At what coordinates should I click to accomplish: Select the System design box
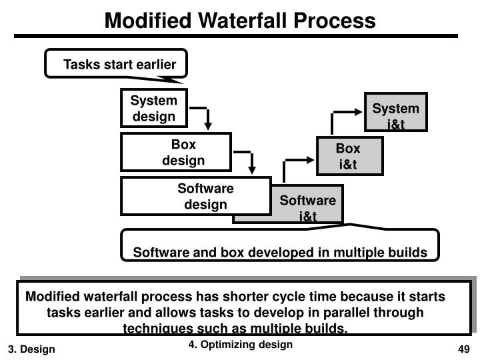tap(154, 108)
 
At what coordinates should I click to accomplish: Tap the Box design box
tap(176, 152)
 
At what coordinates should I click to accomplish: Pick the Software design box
tap(196, 196)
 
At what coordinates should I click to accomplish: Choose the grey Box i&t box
tap(349, 156)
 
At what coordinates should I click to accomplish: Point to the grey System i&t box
tap(396, 112)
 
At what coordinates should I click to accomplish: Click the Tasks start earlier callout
tap(116, 64)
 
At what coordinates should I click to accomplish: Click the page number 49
tap(464, 349)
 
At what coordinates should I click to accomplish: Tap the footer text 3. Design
tap(31, 349)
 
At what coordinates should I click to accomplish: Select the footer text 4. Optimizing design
tap(240, 345)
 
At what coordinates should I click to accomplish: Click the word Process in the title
tap(335, 21)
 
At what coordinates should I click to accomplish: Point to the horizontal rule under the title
tap(236, 36)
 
